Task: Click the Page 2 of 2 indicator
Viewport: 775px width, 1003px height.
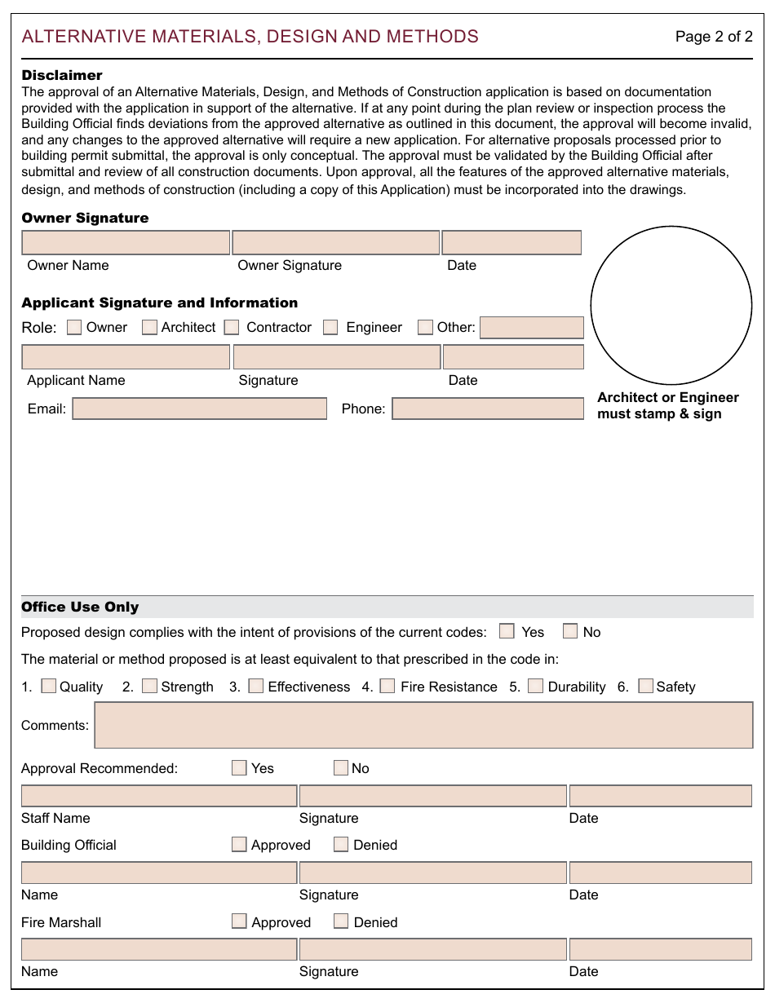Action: click(x=714, y=37)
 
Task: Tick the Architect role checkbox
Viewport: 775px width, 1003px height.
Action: click(x=149, y=327)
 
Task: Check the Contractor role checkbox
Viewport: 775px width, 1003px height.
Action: click(x=232, y=327)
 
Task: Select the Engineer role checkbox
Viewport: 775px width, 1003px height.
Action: click(x=330, y=327)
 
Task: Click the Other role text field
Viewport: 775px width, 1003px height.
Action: click(x=532, y=328)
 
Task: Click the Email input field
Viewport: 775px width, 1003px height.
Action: click(x=200, y=409)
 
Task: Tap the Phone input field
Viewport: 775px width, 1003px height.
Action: click(x=488, y=409)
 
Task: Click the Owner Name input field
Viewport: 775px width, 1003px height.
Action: click(x=126, y=243)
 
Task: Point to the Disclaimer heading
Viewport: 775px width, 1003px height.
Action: click(x=62, y=76)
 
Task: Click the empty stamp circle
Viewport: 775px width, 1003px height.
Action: click(x=671, y=306)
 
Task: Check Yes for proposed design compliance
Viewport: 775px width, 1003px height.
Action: click(x=507, y=631)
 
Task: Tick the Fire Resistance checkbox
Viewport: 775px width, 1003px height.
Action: click(x=387, y=686)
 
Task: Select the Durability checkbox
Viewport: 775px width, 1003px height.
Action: click(x=535, y=686)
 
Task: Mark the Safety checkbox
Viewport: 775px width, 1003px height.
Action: click(x=645, y=686)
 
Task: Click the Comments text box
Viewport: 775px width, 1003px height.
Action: click(x=423, y=725)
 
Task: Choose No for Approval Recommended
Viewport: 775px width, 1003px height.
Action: click(x=341, y=767)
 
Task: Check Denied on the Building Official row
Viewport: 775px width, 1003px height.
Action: click(x=341, y=844)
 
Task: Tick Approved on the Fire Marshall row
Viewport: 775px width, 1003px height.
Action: click(x=239, y=921)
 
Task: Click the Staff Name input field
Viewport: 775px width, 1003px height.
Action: click(x=159, y=796)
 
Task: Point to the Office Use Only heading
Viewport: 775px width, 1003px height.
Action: click(x=80, y=607)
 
